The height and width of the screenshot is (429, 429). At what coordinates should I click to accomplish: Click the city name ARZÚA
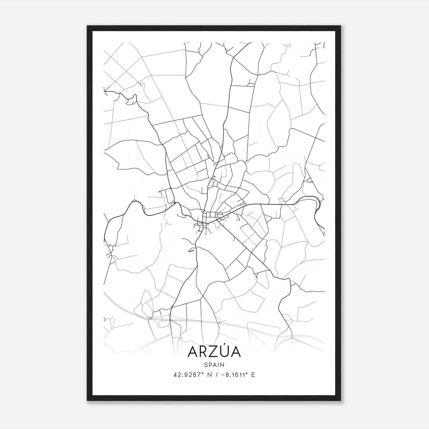coord(214,352)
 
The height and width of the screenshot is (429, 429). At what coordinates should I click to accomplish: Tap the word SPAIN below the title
coord(214,365)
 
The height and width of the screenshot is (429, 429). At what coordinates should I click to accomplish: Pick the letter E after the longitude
coord(253,375)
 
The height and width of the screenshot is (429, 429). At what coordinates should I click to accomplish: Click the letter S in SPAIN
coord(206,365)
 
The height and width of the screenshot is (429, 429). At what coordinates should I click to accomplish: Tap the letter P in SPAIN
coord(210,365)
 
